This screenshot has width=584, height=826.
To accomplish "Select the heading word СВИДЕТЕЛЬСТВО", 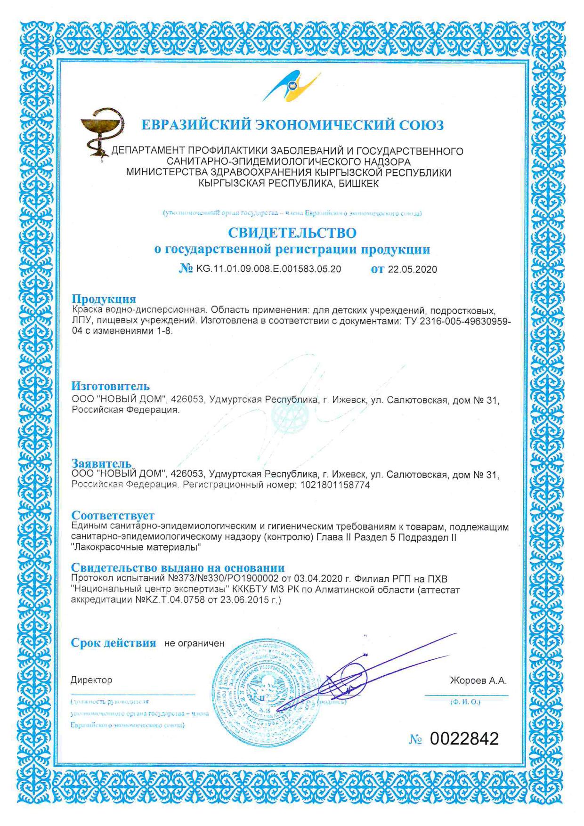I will pyautogui.click(x=292, y=233).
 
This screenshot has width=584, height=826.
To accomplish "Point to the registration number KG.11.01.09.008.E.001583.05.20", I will pyautogui.click(x=268, y=269).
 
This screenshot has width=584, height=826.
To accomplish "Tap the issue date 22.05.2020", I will pyautogui.click(x=412, y=269).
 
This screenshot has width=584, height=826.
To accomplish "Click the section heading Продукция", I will pyautogui.click(x=104, y=299).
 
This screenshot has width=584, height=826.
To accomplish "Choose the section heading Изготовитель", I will pyautogui.click(x=110, y=386).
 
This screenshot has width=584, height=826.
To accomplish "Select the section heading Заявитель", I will pyautogui.click(x=101, y=463).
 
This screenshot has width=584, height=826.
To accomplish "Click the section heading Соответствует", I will pyautogui.click(x=113, y=516).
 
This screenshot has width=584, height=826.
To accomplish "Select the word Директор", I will pyautogui.click(x=91, y=680).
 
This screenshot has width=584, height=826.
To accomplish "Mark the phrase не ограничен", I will pyautogui.click(x=194, y=643).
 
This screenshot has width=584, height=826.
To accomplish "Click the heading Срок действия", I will pyautogui.click(x=113, y=643).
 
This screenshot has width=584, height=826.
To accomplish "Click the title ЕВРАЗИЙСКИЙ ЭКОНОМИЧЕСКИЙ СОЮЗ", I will pyautogui.click(x=292, y=125).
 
